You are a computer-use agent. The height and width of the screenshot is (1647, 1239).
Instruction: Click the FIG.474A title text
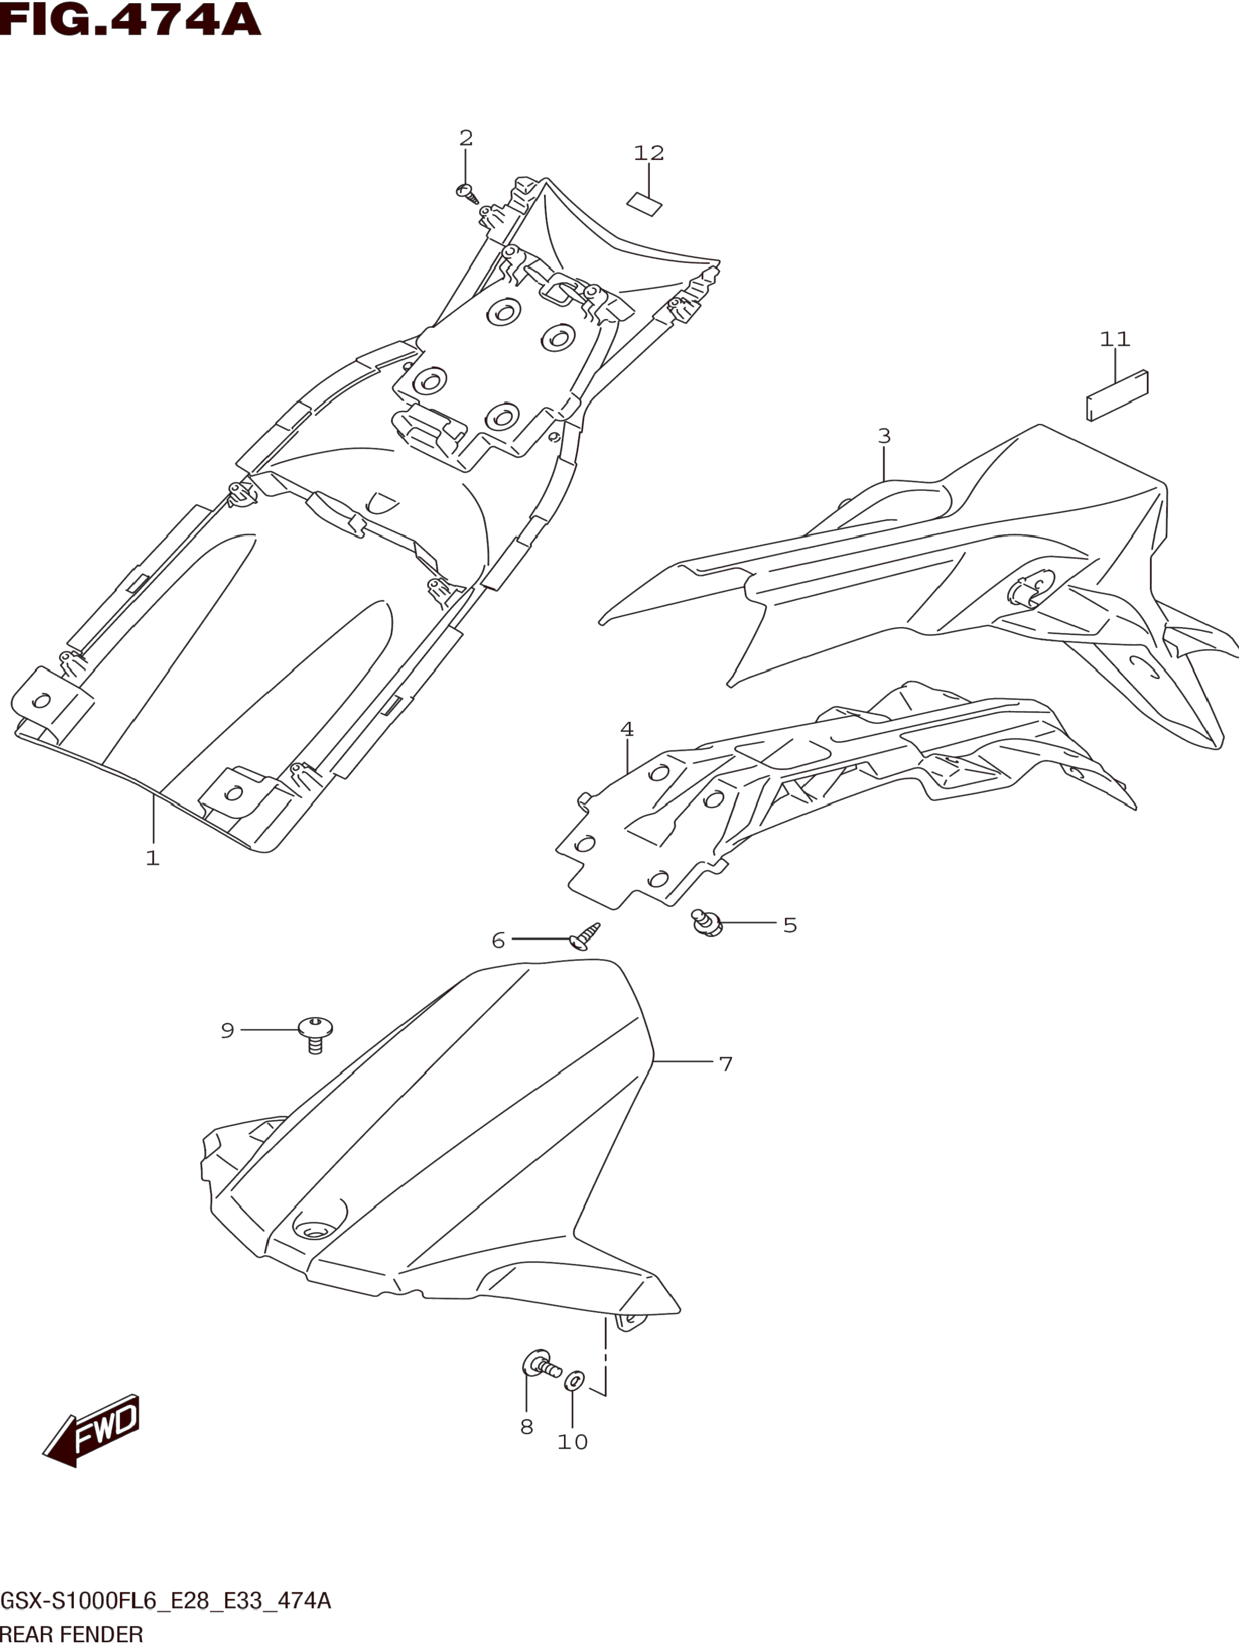point(131,21)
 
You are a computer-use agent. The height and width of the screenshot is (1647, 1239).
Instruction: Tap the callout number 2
point(466,138)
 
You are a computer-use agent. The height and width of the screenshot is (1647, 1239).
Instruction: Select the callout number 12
point(649,153)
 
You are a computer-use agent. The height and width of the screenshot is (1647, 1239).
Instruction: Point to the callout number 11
point(1115,340)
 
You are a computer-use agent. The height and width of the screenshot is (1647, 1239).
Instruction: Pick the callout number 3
point(884,436)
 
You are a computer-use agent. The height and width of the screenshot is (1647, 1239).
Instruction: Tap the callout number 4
point(627,729)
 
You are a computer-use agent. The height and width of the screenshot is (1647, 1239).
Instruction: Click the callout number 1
point(152,859)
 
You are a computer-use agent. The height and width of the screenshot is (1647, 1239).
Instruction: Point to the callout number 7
point(726,1064)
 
